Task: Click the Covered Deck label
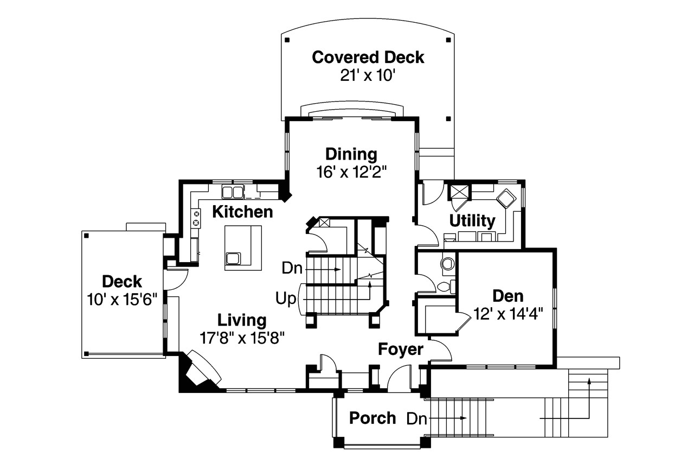tap(368, 57)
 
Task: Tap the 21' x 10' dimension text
tap(368, 75)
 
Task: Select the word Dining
tap(351, 154)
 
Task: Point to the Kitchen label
tap(242, 212)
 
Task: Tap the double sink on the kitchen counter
tap(233, 192)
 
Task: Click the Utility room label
tap(472, 221)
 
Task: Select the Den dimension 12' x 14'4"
tap(508, 314)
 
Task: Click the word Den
tap(508, 296)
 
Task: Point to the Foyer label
tap(401, 350)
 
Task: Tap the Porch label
tap(372, 418)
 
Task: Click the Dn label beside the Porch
tap(416, 418)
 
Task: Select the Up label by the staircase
tap(286, 298)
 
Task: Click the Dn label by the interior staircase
tap(292, 268)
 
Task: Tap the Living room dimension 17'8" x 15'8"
tap(242, 338)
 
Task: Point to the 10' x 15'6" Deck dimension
tap(122, 299)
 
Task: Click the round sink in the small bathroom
tap(448, 264)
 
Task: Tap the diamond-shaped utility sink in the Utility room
tap(505, 198)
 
